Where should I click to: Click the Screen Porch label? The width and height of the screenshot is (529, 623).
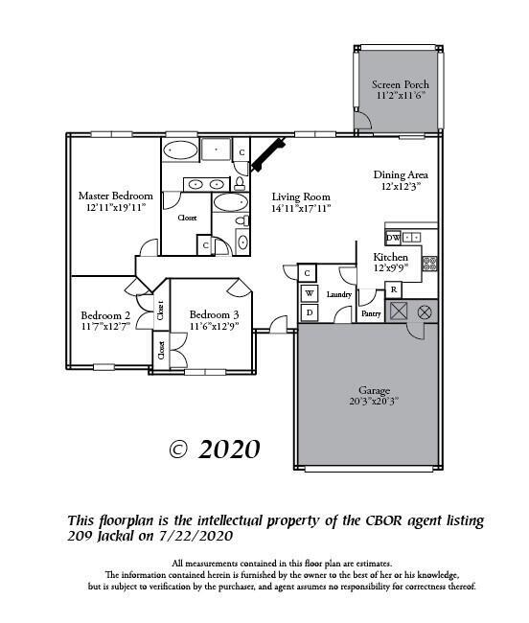coord(400,84)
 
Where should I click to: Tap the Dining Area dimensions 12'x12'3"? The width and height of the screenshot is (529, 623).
coord(400,187)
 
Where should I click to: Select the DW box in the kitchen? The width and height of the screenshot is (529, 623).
coord(393,237)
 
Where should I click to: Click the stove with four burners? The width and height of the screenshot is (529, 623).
coord(429,262)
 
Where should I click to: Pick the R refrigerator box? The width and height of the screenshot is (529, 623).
coord(393,290)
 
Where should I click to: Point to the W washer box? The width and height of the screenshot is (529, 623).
coord(309,292)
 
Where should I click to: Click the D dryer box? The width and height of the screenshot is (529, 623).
coord(309,311)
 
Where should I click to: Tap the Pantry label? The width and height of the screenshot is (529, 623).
coord(371,312)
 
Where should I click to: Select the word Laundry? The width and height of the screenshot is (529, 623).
coord(339,295)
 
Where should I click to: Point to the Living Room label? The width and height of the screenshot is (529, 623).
coord(301,195)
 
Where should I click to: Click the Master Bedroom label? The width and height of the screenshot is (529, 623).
coord(115,196)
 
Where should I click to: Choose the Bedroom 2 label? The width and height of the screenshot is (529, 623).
coord(104,315)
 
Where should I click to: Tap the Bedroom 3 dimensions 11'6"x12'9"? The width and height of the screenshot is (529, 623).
coord(214,327)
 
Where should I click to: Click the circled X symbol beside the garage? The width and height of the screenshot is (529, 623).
coord(425,311)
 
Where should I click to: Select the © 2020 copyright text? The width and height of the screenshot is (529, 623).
coord(215,449)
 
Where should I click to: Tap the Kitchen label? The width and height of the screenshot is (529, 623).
coord(390,258)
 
